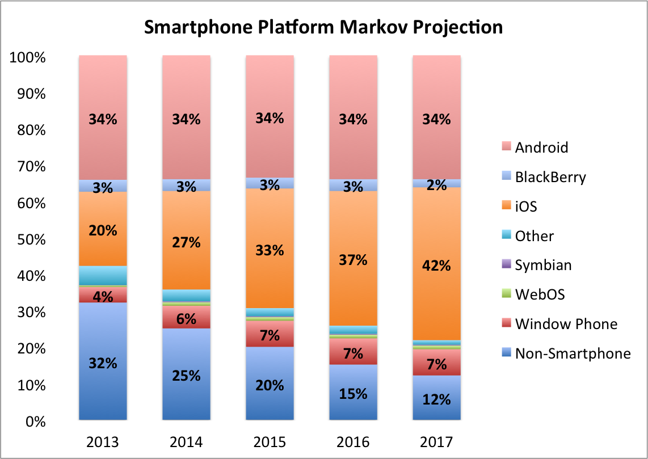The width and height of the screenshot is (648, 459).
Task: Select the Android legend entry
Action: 541,148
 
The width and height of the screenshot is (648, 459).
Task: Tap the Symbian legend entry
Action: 543,265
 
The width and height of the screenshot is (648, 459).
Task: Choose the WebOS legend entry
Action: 540,294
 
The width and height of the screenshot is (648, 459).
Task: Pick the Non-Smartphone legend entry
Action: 573,353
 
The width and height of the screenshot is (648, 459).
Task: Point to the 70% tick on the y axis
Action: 28,167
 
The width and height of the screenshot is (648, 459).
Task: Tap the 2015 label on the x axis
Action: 270,441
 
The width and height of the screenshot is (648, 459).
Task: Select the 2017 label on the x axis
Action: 436,441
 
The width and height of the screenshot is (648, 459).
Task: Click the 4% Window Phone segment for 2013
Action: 103,295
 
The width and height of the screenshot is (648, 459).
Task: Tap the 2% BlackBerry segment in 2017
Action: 436,183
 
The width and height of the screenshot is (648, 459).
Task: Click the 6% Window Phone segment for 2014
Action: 186,318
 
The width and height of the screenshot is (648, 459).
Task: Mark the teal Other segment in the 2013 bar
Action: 103,275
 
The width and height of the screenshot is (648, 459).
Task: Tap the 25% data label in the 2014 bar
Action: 186,375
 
